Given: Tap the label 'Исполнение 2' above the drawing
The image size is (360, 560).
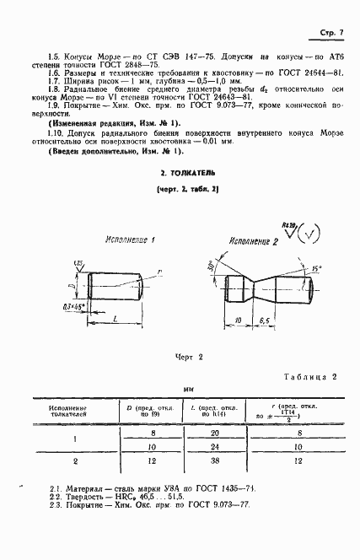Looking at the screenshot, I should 252,242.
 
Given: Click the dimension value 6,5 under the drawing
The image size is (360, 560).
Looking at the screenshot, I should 262,321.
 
